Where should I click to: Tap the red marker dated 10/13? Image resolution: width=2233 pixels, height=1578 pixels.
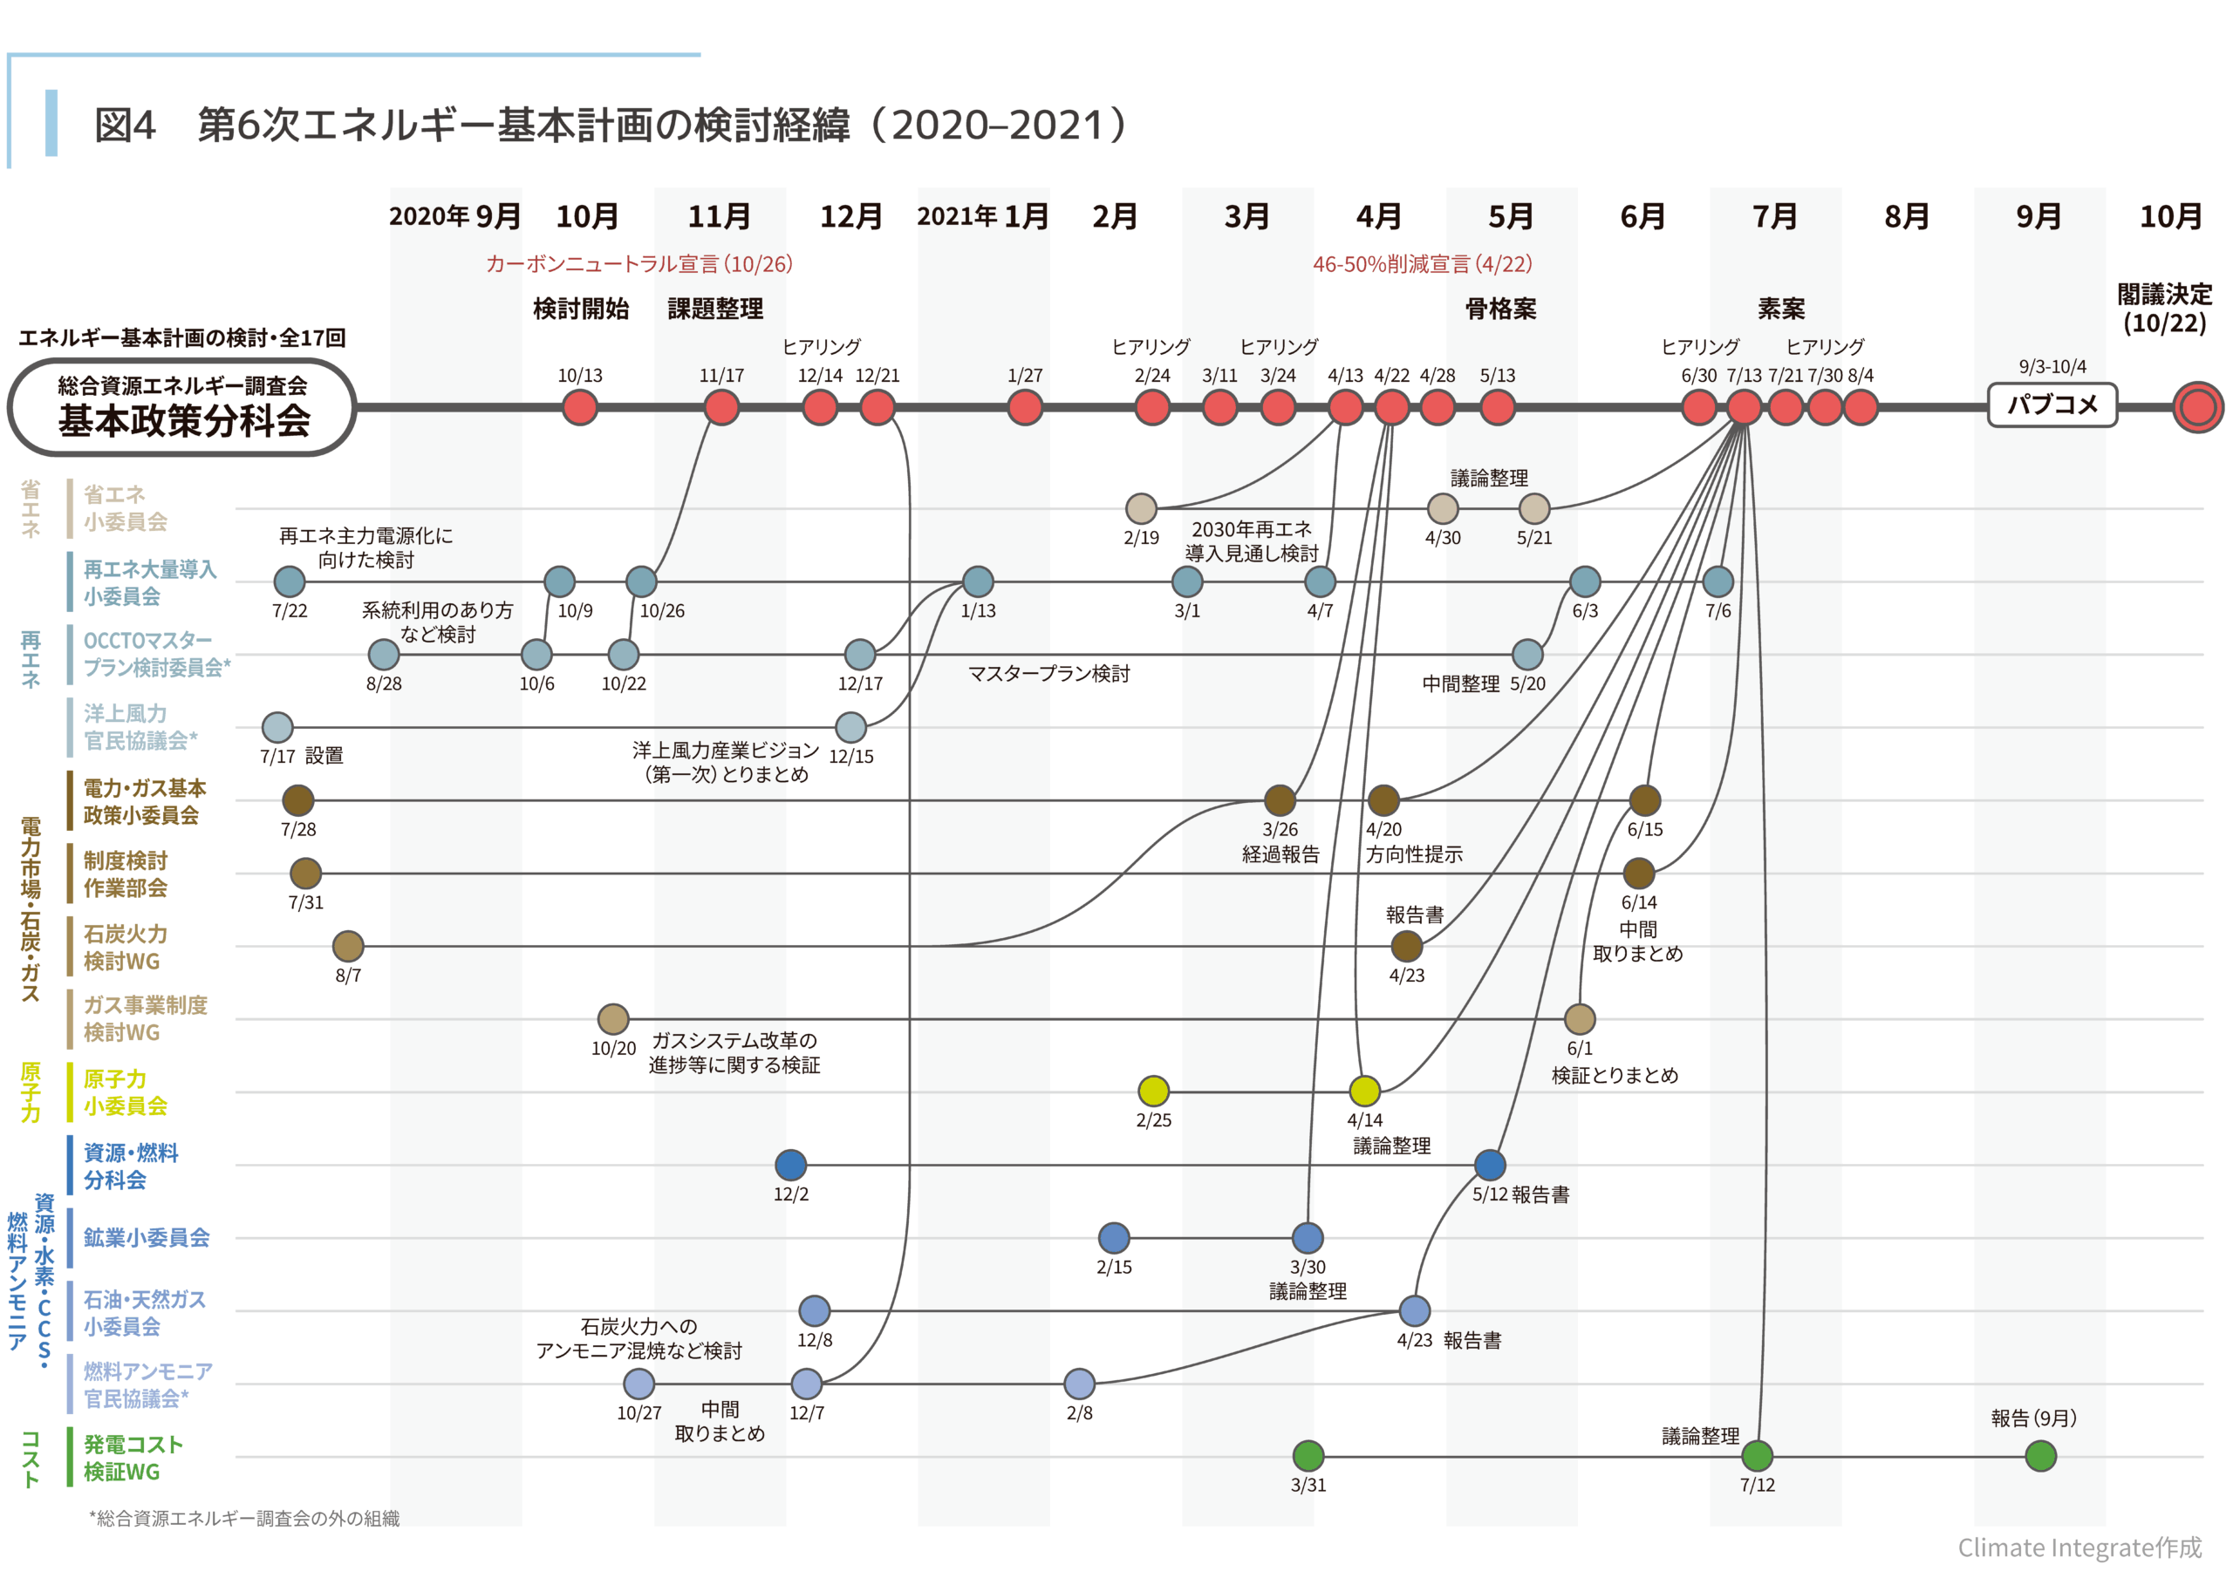click(x=580, y=407)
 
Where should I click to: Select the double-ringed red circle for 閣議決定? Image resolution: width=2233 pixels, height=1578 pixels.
click(x=2197, y=407)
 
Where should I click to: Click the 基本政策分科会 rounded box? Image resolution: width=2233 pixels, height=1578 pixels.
click(x=183, y=407)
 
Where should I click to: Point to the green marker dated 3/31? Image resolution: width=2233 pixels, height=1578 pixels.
click(x=1308, y=1455)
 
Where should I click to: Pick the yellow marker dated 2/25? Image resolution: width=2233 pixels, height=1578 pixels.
click(x=1153, y=1091)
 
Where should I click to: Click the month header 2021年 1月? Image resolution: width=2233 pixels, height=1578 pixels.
click(x=982, y=216)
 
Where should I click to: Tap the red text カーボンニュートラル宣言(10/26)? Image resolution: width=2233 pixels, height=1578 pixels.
click(x=639, y=263)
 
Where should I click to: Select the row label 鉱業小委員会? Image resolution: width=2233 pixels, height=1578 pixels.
click(x=146, y=1238)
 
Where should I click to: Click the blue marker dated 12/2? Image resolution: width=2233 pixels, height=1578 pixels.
click(x=790, y=1164)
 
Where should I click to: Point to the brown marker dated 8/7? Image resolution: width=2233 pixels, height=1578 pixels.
click(x=348, y=945)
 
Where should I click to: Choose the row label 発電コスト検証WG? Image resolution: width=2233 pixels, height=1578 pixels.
click(x=133, y=1458)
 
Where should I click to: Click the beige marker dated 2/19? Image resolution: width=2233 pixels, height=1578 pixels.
click(x=1141, y=507)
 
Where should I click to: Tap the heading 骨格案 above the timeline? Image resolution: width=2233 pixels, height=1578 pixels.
click(x=1500, y=309)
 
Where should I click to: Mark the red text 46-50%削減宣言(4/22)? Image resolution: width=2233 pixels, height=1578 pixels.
click(x=1422, y=263)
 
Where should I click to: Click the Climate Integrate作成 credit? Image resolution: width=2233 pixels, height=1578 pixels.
click(x=2079, y=1547)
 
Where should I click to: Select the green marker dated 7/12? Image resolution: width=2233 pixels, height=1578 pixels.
click(x=1757, y=1455)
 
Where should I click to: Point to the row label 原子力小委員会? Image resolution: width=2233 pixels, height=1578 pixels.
click(x=125, y=1092)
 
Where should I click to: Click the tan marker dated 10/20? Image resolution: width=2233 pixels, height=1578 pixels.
click(x=612, y=1019)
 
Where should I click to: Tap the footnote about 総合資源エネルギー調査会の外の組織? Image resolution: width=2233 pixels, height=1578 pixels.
click(x=245, y=1518)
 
